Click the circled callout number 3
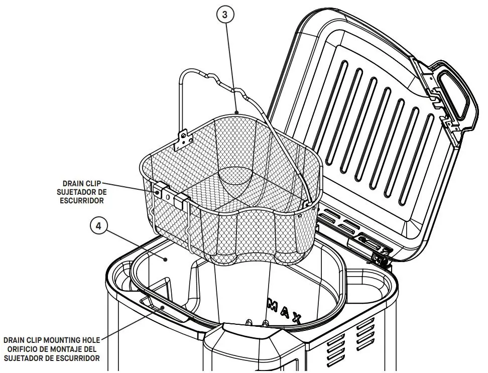point(225,15)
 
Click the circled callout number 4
point(98,226)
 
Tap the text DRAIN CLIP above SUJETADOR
point(82,184)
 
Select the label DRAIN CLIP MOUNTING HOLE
point(52,340)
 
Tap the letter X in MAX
point(296,318)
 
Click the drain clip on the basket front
point(170,193)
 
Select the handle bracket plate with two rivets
point(184,139)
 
